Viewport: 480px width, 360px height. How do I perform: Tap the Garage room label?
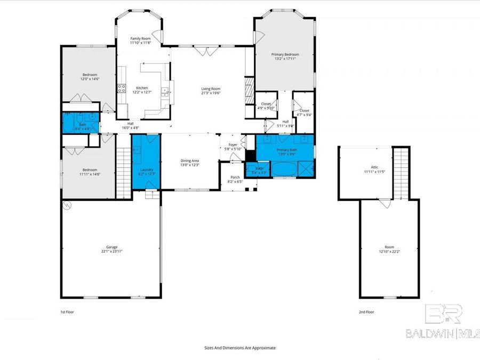[111, 247]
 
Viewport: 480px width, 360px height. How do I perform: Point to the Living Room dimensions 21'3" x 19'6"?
[210, 93]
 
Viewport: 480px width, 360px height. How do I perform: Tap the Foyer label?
[233, 145]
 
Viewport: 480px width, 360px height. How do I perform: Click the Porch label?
[235, 178]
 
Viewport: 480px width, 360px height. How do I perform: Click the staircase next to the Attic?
[401, 172]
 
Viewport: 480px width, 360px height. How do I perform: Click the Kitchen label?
[142, 88]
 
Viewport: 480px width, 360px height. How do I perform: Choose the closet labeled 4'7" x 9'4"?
[304, 111]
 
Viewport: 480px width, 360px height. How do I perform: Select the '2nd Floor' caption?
[366, 311]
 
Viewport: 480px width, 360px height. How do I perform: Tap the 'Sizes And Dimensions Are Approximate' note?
[239, 347]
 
